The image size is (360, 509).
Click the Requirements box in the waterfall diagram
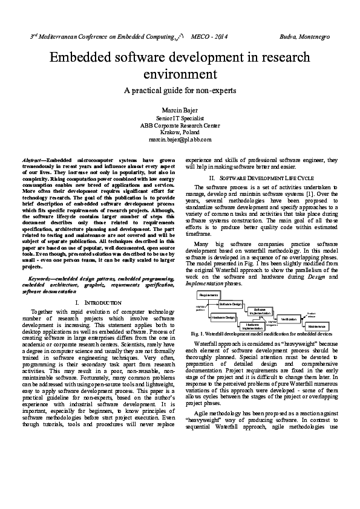[x=208, y=294]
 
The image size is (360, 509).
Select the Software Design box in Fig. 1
[x=230, y=303]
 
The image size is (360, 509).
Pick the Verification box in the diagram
[x=289, y=319]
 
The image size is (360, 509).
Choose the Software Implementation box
[x=260, y=311]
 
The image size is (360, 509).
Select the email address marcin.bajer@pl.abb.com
[x=180, y=139]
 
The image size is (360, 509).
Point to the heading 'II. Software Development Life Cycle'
[x=261, y=178]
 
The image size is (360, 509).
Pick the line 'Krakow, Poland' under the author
[x=180, y=132]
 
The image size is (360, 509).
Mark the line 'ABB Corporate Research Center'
[x=180, y=126]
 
